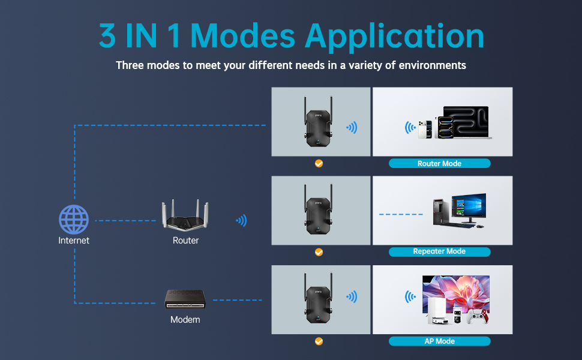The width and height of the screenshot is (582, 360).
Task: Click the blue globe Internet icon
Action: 74,220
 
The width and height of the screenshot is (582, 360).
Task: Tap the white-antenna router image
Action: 185,215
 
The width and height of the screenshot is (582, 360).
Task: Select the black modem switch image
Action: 185,299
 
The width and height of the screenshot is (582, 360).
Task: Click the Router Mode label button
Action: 439,163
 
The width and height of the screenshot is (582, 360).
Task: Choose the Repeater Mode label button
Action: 439,251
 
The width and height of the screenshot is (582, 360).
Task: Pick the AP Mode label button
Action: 439,341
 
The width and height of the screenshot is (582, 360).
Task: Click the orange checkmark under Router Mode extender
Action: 319,163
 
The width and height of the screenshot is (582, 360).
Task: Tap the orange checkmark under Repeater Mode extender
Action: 319,253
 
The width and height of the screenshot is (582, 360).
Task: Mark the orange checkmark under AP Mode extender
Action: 319,341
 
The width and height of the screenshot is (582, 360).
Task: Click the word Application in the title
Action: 394,37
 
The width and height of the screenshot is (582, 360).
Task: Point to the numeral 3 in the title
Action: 107,35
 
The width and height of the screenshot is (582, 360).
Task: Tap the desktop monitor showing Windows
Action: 469,208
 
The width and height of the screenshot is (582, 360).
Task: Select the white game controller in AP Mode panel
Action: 478,317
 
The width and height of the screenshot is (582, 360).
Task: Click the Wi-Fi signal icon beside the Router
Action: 242,220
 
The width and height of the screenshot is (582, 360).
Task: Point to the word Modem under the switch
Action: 185,320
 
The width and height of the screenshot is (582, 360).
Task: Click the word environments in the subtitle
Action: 433,65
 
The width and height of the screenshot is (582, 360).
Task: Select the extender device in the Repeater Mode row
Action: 319,209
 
